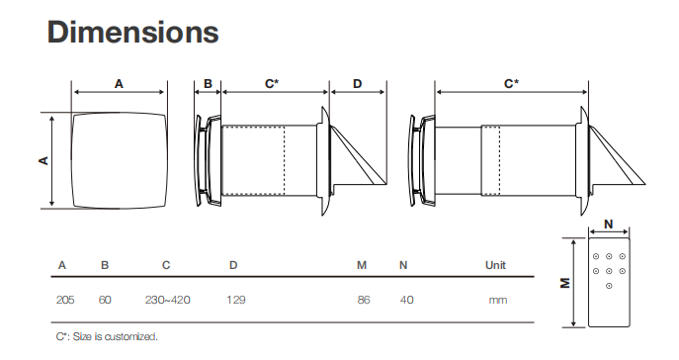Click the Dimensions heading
pyautogui.click(x=133, y=33)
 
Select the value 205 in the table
pyautogui.click(x=65, y=300)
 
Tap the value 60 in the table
pyautogui.click(x=105, y=300)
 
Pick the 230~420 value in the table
pyautogui.click(x=168, y=300)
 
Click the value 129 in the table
pyautogui.click(x=236, y=300)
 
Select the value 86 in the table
pyautogui.click(x=364, y=300)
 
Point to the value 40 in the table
pyautogui.click(x=406, y=300)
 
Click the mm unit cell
pyautogui.click(x=498, y=301)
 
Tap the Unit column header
pyautogui.click(x=496, y=265)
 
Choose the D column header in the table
pyautogui.click(x=233, y=265)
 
